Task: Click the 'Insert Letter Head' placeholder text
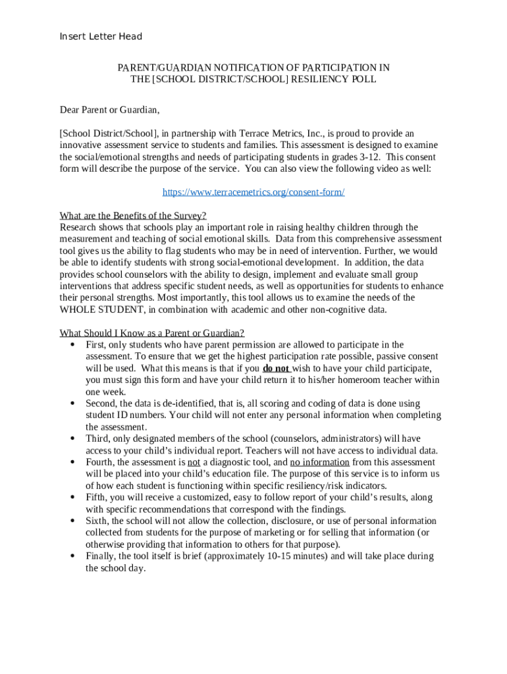(x=101, y=37)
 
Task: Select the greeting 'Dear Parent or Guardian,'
(x=110, y=109)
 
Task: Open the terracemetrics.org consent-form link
(x=254, y=192)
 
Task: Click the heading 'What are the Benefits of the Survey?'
(x=133, y=216)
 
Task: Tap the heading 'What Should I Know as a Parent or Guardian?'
(x=152, y=333)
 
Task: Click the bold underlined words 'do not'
(x=276, y=369)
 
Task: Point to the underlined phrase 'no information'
(x=319, y=463)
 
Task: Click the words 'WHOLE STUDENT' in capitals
(x=102, y=310)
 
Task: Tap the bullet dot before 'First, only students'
(x=71, y=345)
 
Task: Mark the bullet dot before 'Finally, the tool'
(x=71, y=557)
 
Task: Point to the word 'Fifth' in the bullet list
(x=96, y=498)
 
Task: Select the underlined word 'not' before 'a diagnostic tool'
(x=194, y=463)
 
